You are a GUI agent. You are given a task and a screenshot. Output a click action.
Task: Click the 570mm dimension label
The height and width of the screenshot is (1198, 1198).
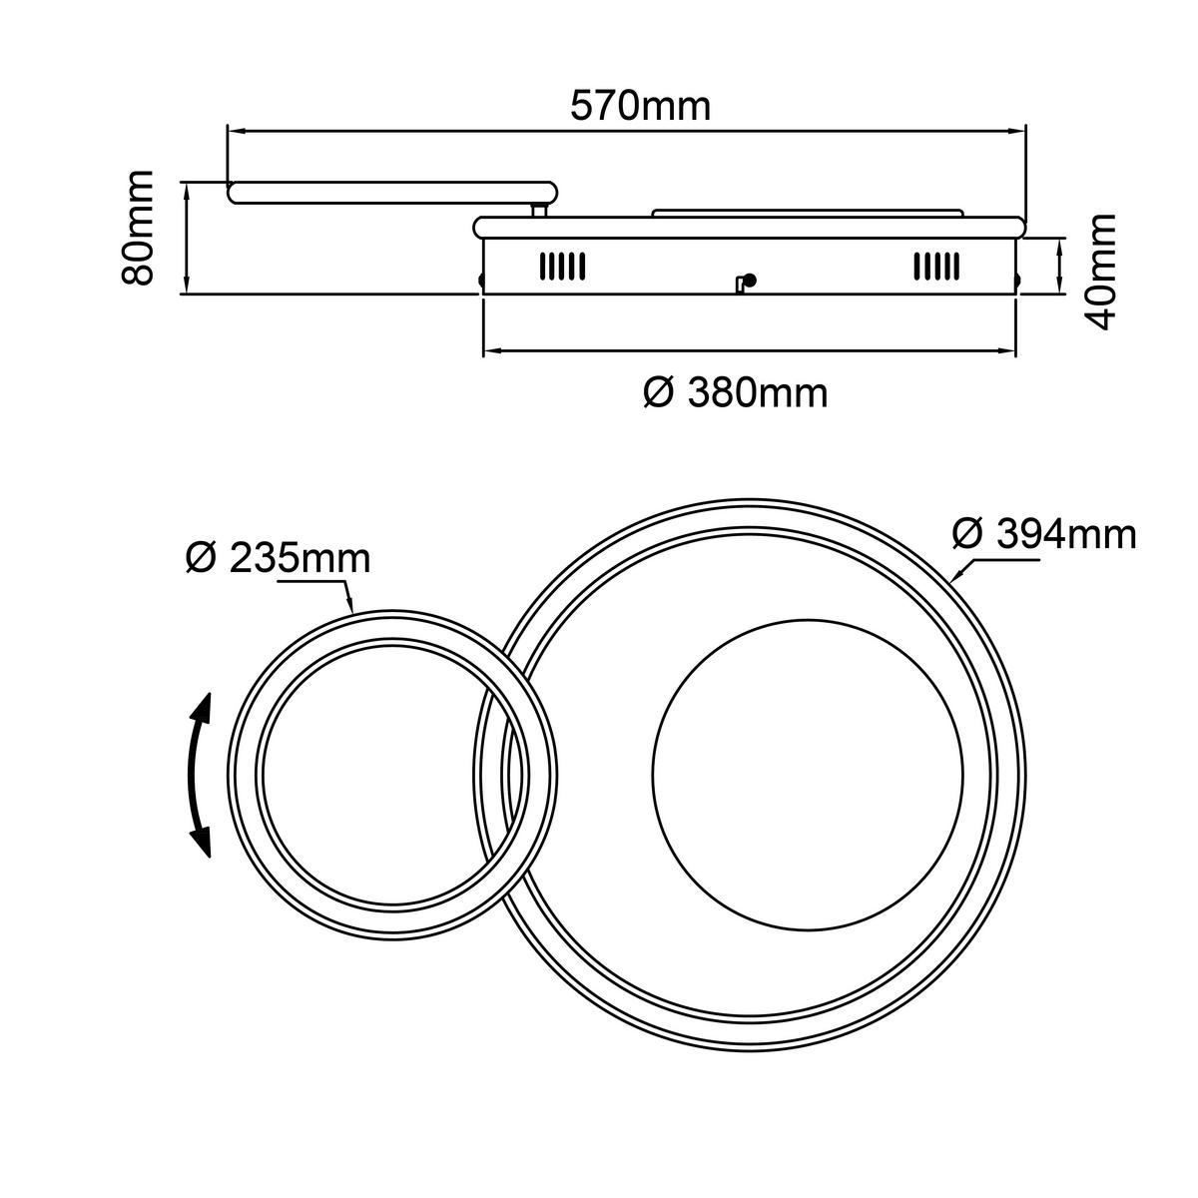(640, 105)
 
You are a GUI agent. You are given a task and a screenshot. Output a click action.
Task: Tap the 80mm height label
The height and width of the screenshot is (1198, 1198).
(138, 229)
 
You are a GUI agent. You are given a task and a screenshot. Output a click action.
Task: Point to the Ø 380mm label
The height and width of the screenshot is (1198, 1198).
(735, 393)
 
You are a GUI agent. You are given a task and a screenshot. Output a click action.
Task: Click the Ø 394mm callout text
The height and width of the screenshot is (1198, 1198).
(1044, 534)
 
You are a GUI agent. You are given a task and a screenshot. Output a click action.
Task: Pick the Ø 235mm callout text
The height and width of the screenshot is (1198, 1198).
(278, 558)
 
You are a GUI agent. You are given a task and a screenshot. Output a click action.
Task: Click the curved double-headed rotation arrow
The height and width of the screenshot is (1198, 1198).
(202, 775)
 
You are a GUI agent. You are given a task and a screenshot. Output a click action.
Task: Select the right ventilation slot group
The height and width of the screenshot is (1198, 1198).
(935, 266)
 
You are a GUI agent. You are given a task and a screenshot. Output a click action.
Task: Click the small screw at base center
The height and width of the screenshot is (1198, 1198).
(746, 283)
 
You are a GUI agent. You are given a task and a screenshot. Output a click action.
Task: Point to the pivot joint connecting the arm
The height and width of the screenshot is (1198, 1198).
(539, 210)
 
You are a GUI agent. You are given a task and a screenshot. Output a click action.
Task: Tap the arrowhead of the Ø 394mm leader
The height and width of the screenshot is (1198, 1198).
(957, 576)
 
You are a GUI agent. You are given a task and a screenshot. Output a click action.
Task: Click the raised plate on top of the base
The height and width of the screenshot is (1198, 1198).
(807, 212)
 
